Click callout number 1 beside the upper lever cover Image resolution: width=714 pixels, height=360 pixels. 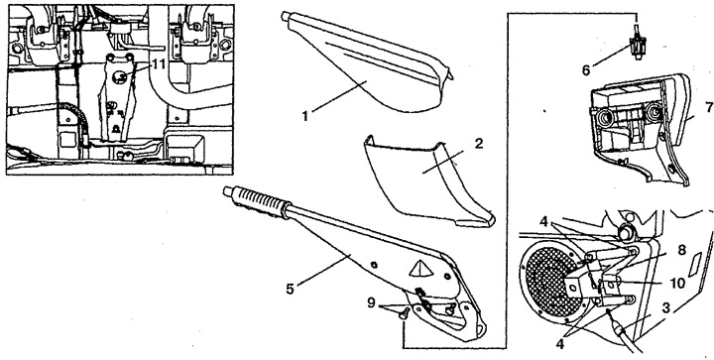[x=305, y=116]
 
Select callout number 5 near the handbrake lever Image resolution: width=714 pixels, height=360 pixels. [x=290, y=289]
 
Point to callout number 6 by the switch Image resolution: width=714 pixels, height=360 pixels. [x=586, y=70]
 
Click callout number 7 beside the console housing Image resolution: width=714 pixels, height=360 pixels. [x=708, y=108]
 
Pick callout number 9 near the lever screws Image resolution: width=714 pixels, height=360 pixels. [x=372, y=302]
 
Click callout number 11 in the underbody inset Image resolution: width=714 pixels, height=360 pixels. [x=158, y=64]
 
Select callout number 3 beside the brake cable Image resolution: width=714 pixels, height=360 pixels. [x=665, y=309]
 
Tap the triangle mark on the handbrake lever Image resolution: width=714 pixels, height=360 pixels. [x=418, y=269]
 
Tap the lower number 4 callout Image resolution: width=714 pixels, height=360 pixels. [x=560, y=344]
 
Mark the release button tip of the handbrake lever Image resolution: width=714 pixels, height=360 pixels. [x=227, y=191]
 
